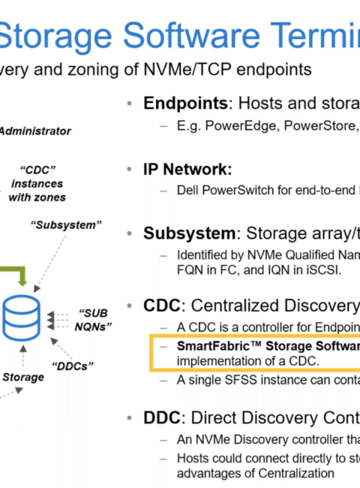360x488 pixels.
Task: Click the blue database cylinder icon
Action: (21, 318)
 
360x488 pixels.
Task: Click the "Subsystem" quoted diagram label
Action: (66, 224)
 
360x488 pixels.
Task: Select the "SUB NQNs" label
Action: (93, 320)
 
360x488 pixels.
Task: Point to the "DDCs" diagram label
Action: (73, 366)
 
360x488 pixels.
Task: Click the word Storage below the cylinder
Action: (23, 378)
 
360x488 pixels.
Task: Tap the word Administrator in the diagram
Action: (35, 131)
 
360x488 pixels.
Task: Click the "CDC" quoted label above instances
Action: (37, 170)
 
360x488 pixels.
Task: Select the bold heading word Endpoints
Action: (185, 103)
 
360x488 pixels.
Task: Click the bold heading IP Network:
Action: (187, 170)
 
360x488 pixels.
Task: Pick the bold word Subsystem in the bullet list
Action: (189, 233)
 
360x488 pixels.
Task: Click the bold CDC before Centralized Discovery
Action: (162, 306)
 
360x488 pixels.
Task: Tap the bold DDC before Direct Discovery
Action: (162, 417)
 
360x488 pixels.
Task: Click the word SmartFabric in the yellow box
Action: (213, 346)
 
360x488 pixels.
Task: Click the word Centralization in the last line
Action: (296, 474)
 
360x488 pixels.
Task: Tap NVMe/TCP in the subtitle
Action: (187, 69)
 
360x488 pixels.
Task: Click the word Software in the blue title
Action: (191, 36)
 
